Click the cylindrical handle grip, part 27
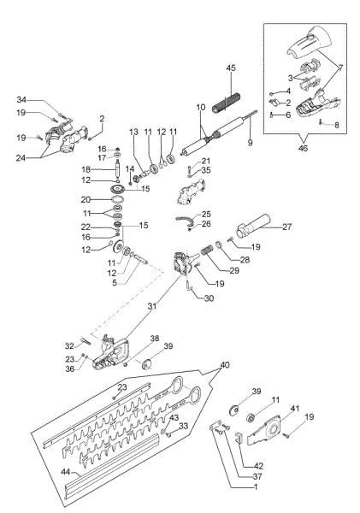pos(253,231)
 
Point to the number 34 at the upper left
pos(22,98)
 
